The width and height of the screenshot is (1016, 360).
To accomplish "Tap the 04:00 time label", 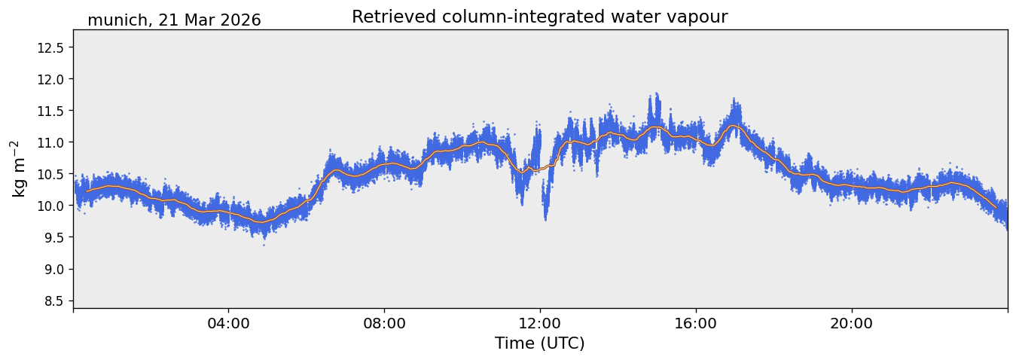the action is (229, 324).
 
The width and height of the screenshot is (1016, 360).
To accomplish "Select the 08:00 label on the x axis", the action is (385, 324).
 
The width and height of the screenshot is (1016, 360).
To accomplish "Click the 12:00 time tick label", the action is (540, 324).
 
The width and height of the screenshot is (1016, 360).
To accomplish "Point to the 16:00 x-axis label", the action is (696, 324).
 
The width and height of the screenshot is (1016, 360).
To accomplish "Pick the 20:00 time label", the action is (852, 324).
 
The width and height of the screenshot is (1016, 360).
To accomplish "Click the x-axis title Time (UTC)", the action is (540, 343).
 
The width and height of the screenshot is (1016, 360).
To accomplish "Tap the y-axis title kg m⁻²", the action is (18, 169).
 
